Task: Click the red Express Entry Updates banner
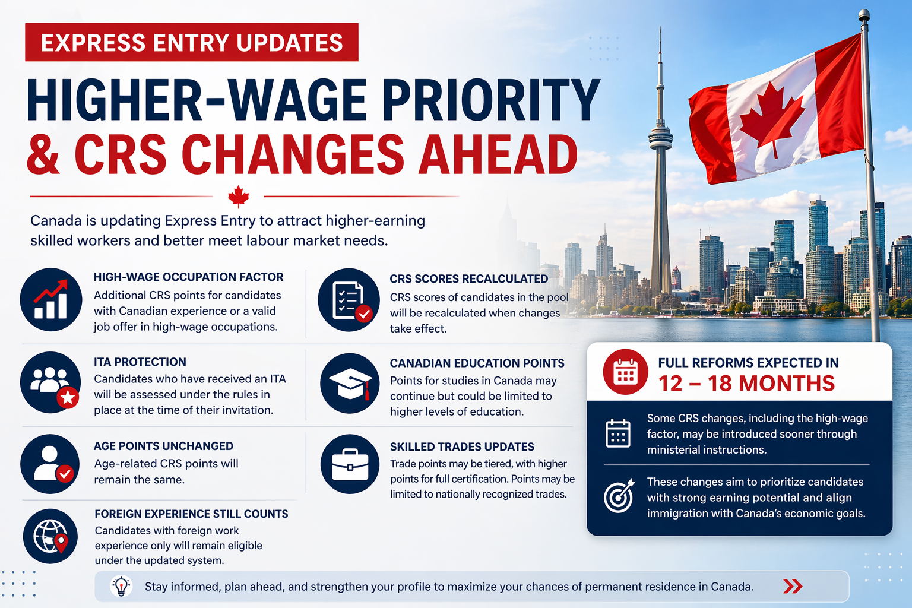pos(192,42)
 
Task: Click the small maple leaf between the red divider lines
pos(239,197)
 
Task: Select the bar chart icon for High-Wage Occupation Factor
pos(51,299)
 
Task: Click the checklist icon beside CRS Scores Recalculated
pos(349,300)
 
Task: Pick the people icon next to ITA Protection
pos(50,382)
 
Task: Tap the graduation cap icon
pos(350,384)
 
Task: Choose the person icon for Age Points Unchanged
pos(50,464)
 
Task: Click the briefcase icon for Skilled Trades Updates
pos(350,464)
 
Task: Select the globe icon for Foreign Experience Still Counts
pos(50,536)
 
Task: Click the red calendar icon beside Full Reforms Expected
pos(625,372)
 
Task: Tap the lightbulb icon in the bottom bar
pos(121,587)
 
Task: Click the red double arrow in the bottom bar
pos(793,587)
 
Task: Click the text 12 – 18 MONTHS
pos(746,384)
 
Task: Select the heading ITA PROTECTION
pos(140,362)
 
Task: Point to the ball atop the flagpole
pos(864,15)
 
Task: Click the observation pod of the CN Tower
pos(660,138)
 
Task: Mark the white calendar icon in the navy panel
pos(618,433)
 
